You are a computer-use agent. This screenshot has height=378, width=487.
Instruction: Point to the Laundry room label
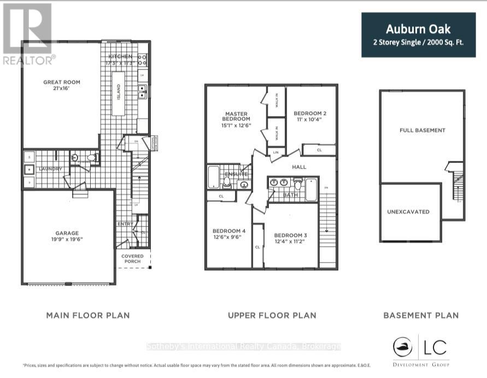[x=50, y=169]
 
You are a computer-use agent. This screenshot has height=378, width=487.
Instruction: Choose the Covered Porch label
[x=132, y=258]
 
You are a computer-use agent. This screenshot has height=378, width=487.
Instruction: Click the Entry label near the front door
[x=125, y=224]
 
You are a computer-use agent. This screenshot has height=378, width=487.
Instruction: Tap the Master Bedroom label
[x=236, y=119]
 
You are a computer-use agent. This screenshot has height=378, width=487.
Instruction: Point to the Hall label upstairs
[x=299, y=167]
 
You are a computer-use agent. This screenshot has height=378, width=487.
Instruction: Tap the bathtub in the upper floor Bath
[x=310, y=189]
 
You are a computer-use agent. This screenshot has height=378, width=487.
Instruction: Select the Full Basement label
[x=423, y=130]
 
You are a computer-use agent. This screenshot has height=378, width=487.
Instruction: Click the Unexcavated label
[x=408, y=212]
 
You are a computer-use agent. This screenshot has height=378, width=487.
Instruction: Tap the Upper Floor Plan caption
[x=272, y=315]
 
